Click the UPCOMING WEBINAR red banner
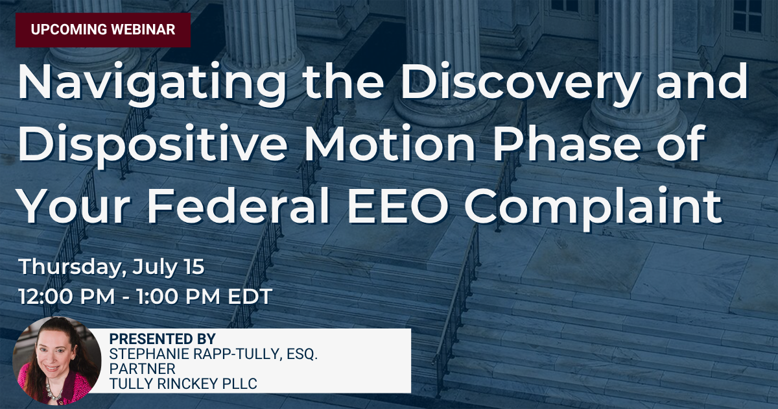[x=103, y=30]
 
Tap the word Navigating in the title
[x=152, y=84]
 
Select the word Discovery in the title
[x=519, y=84]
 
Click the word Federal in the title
[x=239, y=205]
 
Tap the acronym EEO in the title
[x=397, y=206]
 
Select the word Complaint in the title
[x=593, y=207]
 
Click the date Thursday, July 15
[x=111, y=267]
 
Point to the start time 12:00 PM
[x=67, y=297]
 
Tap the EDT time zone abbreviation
[x=250, y=297]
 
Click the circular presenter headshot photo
[x=57, y=361]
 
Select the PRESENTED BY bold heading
[x=163, y=339]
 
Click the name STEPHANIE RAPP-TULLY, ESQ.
[x=213, y=354]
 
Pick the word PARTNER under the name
[x=143, y=369]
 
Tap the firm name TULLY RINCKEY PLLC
[x=183, y=384]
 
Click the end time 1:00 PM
[x=178, y=297]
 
